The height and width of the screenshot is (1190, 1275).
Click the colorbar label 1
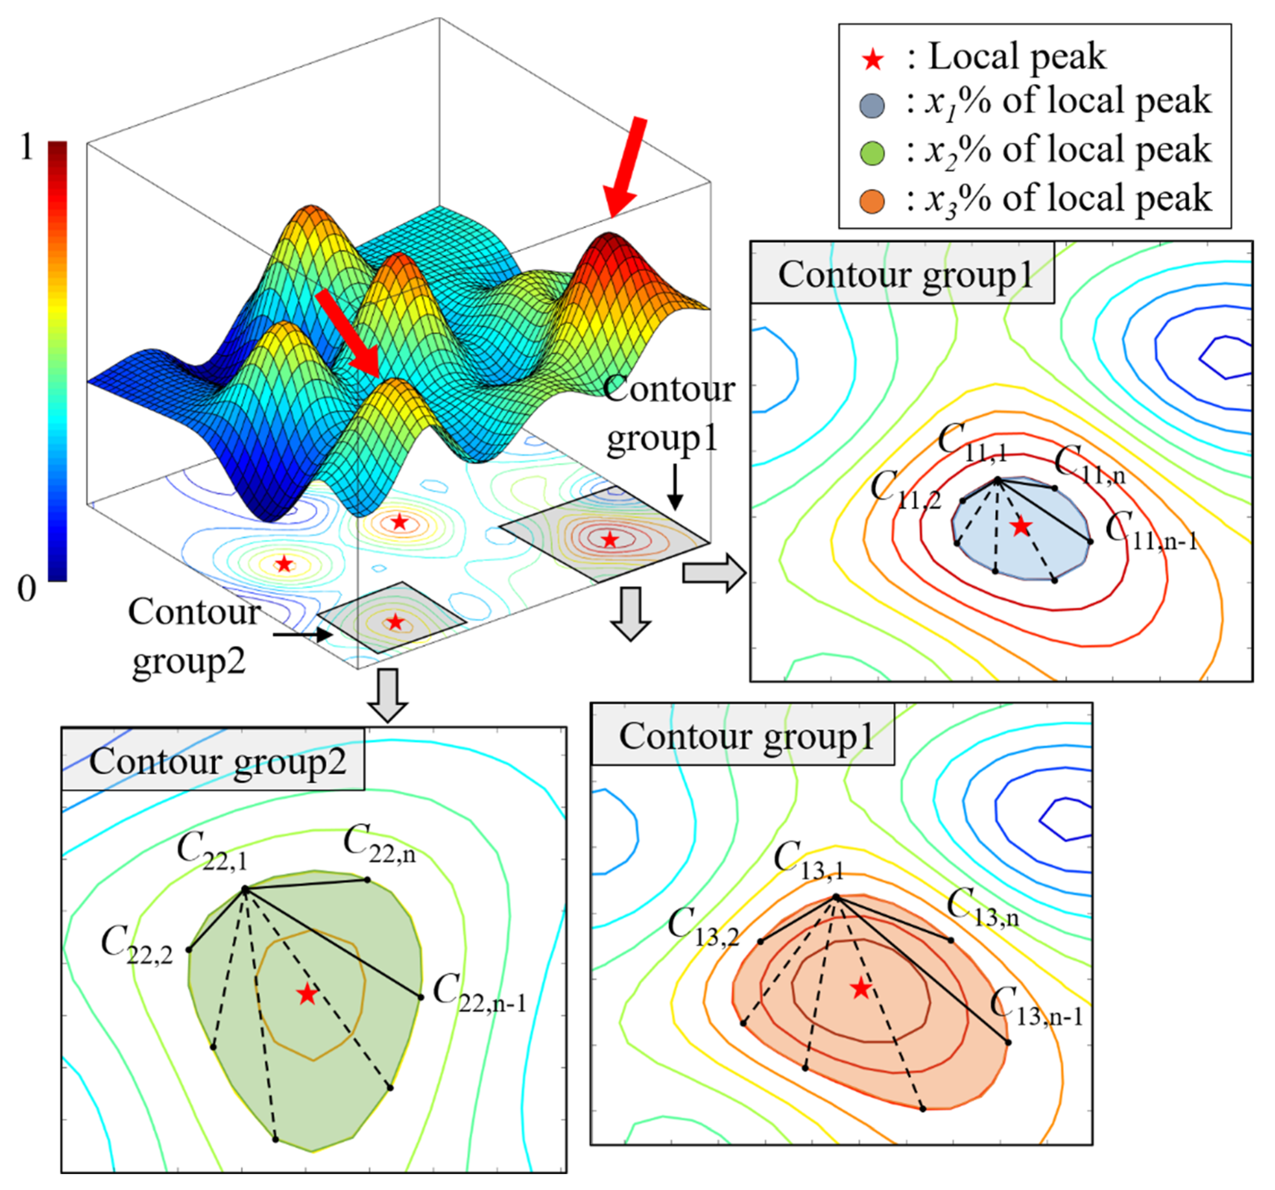point(26,149)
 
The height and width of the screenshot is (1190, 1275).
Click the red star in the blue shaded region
point(1021,527)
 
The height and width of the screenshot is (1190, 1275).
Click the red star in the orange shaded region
point(861,989)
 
